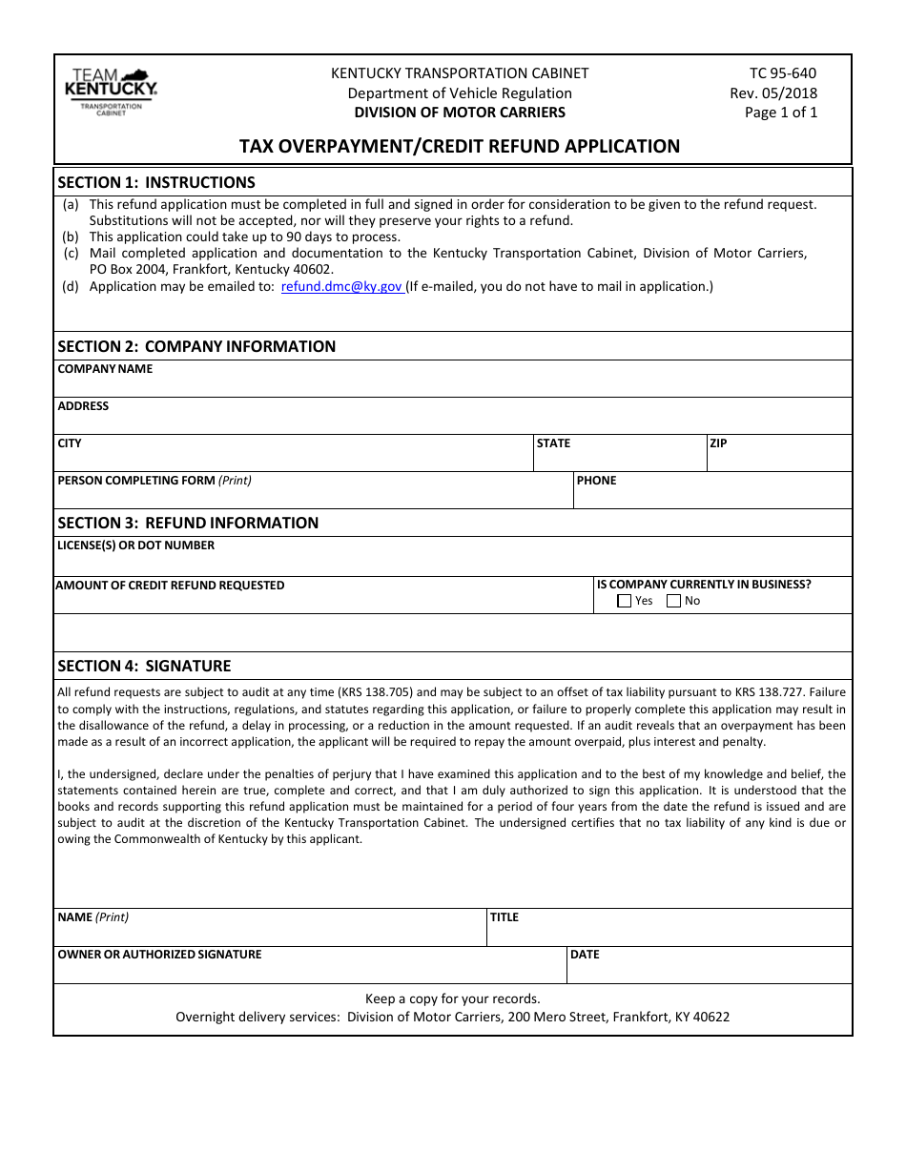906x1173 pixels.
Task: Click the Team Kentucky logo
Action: pyautogui.click(x=110, y=92)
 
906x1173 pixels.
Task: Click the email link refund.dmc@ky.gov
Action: pyautogui.click(x=341, y=286)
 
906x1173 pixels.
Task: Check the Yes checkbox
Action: pyautogui.click(x=625, y=602)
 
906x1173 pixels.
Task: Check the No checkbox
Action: pyautogui.click(x=674, y=602)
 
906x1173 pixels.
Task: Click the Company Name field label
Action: pyautogui.click(x=105, y=369)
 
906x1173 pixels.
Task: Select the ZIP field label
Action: pyautogui.click(x=718, y=443)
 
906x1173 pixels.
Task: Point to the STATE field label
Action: pyautogui.click(x=553, y=443)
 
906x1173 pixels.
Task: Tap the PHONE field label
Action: pyautogui.click(x=596, y=481)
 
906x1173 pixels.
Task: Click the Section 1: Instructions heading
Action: pyautogui.click(x=156, y=182)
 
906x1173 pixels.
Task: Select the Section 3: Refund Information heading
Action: pyautogui.click(x=188, y=523)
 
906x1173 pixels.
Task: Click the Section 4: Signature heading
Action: pyautogui.click(x=144, y=666)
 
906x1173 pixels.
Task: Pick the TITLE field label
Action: pyautogui.click(x=504, y=917)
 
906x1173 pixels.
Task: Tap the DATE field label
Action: pyautogui.click(x=584, y=955)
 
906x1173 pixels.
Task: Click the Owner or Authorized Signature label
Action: pyautogui.click(x=159, y=955)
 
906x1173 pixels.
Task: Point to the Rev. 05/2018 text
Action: pyautogui.click(x=773, y=93)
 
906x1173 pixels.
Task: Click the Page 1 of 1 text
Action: pyautogui.click(x=780, y=112)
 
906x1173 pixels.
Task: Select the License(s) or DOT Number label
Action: pyautogui.click(x=135, y=545)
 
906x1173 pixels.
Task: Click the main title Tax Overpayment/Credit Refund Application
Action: pyautogui.click(x=459, y=146)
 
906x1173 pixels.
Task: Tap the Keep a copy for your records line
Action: pyautogui.click(x=452, y=998)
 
